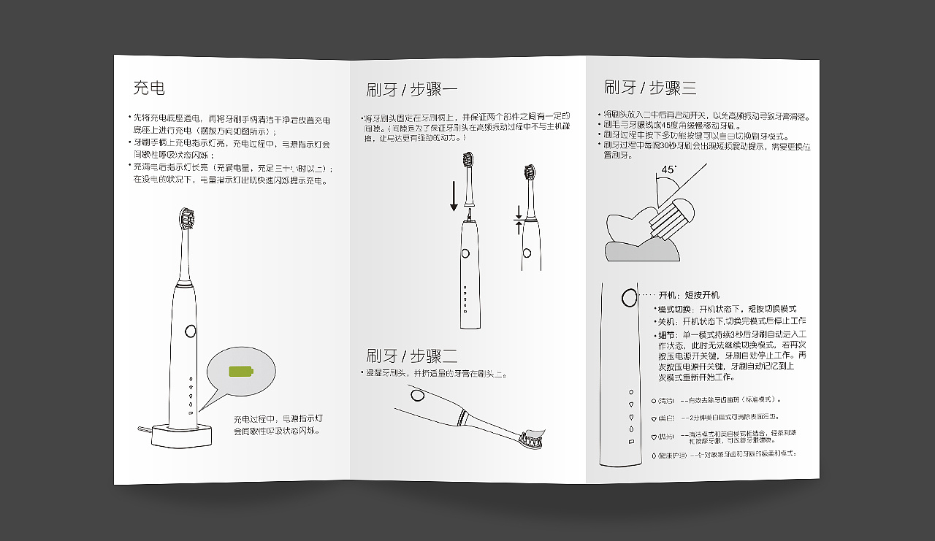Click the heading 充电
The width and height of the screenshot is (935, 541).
click(x=149, y=88)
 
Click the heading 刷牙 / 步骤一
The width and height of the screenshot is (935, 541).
click(x=411, y=90)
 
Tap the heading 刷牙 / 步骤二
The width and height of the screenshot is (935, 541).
click(x=411, y=356)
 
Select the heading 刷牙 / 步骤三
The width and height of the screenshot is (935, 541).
click(x=649, y=88)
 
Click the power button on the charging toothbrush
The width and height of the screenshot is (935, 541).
click(x=191, y=330)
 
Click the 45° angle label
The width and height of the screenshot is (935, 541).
click(x=668, y=169)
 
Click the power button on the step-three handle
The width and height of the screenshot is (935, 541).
click(x=628, y=297)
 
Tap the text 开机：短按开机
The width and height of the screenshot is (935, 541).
click(x=688, y=295)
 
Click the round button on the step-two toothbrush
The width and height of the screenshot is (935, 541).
click(x=417, y=395)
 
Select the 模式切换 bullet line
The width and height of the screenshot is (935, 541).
click(x=726, y=309)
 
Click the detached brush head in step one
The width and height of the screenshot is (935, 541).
click(x=468, y=176)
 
